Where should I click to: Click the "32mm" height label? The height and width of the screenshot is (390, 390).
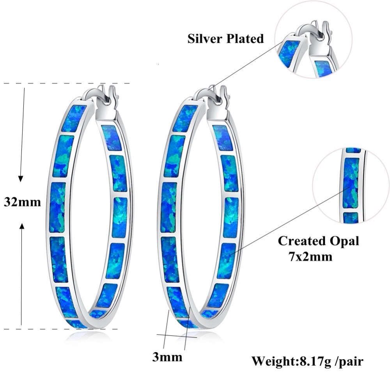[x=22, y=202]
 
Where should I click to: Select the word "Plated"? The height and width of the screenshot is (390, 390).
[x=246, y=39]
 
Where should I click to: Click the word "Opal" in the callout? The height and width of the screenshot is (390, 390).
[x=344, y=241]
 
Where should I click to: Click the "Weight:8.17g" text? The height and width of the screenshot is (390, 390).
[x=291, y=361]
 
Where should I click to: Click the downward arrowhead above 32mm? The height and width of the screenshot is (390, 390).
[x=21, y=179]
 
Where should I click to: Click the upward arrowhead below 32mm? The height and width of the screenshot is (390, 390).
[x=22, y=226]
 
